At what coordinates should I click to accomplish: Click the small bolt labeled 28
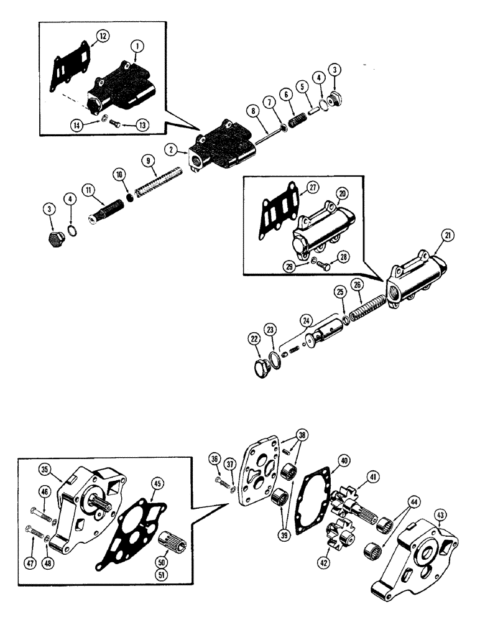(322, 265)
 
